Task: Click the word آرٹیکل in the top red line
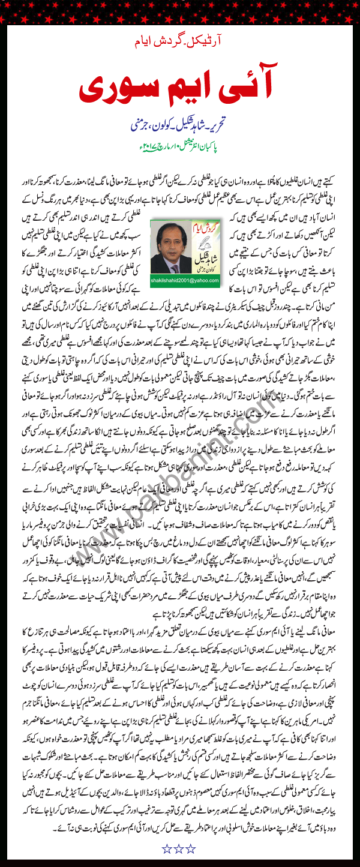pos(215,43)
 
